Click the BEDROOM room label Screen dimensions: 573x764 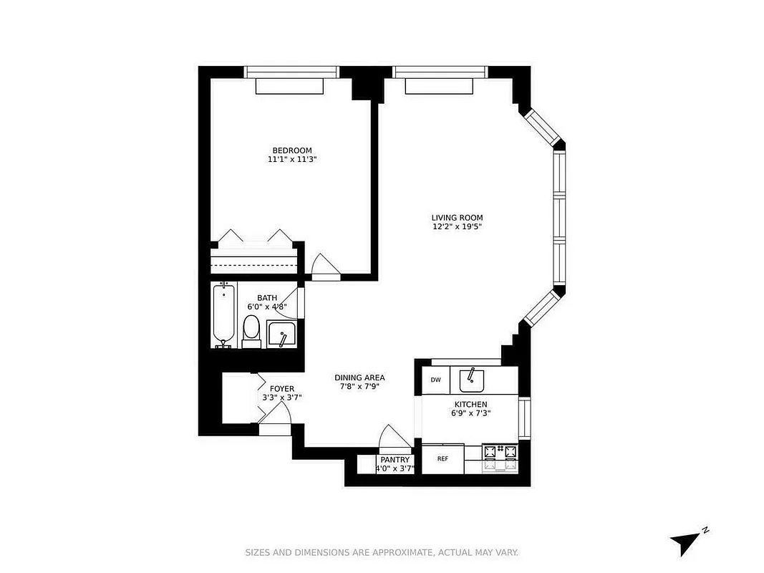pyautogui.click(x=291, y=150)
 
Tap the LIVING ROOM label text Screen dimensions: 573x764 pyautogui.click(x=457, y=218)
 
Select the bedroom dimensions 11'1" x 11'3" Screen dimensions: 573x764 pyautogui.click(x=291, y=160)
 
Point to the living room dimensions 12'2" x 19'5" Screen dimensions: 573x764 pyautogui.click(x=457, y=227)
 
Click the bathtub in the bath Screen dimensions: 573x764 pyautogui.click(x=224, y=314)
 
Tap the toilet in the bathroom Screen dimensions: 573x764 pyautogui.click(x=251, y=330)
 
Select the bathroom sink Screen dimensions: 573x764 pyautogui.click(x=281, y=334)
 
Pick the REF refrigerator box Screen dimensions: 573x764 pyautogui.click(x=443, y=459)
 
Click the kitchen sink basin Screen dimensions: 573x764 pyautogui.click(x=472, y=380)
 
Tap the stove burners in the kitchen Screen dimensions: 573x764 pyautogui.click(x=501, y=458)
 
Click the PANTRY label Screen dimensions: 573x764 pyautogui.click(x=395, y=460)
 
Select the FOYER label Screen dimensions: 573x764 pyautogui.click(x=281, y=388)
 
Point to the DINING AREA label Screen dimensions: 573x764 pyautogui.click(x=359, y=377)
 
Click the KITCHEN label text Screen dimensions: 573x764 pyautogui.click(x=470, y=405)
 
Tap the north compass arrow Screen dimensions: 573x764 pyautogui.click(x=683, y=541)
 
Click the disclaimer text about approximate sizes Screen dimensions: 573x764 pyautogui.click(x=382, y=552)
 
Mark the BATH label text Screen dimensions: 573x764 pyautogui.click(x=267, y=298)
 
